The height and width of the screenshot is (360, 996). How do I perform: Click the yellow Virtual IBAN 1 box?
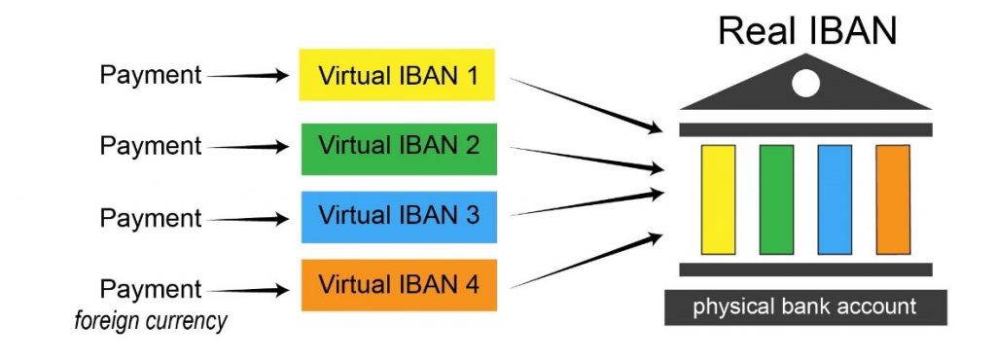pos(398,74)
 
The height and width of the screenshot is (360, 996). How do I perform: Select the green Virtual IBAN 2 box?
pos(398,147)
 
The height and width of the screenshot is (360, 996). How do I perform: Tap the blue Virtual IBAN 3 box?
pos(398,216)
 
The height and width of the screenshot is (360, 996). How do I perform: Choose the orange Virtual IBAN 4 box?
pos(398,285)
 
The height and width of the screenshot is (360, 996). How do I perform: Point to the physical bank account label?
pos(804,307)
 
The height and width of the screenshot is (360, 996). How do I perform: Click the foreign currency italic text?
pos(151,321)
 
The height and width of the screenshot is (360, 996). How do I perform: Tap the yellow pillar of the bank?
pos(718,199)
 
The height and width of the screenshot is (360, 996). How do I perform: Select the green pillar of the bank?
pos(776,199)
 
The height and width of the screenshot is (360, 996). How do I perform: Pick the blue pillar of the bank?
pos(835,199)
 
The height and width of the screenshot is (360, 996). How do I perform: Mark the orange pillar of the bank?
pos(892,199)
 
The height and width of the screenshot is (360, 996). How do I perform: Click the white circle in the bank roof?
pos(805,84)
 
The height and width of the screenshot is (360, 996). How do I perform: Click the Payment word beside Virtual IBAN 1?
pos(151,75)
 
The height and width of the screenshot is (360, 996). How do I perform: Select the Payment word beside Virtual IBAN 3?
pos(151,218)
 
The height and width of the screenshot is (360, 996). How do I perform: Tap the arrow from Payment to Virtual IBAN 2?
pos(248,147)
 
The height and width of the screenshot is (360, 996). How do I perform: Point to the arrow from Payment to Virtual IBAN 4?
pos(248,289)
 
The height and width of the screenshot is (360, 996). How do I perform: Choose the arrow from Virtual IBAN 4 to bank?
pos(584,261)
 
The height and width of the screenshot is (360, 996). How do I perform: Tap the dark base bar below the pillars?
pos(805,269)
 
